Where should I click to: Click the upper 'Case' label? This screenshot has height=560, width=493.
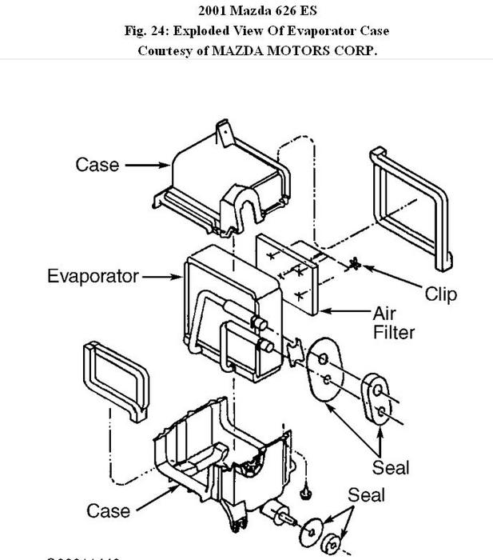97,165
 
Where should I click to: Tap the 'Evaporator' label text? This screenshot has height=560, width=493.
93,277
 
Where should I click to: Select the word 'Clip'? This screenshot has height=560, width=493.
440,294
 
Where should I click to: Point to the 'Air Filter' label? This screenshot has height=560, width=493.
394,321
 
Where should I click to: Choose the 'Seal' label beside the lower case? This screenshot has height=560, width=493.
366,496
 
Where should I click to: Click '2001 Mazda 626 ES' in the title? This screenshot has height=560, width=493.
246,11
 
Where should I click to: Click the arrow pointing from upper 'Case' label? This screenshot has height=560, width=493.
148,166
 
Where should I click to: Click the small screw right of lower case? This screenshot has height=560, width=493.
304,487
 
